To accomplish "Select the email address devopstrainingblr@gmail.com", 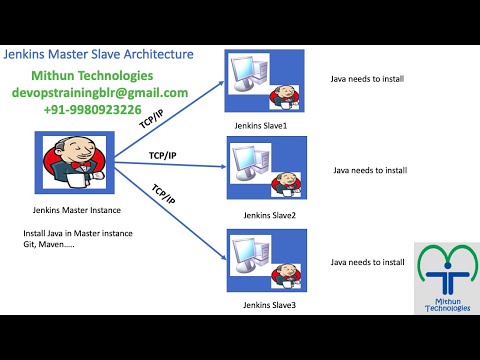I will coord(100,92).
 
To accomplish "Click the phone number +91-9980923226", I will coord(91,109).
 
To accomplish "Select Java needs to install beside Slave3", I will coord(368,262).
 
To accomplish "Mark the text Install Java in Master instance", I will coord(77,234).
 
